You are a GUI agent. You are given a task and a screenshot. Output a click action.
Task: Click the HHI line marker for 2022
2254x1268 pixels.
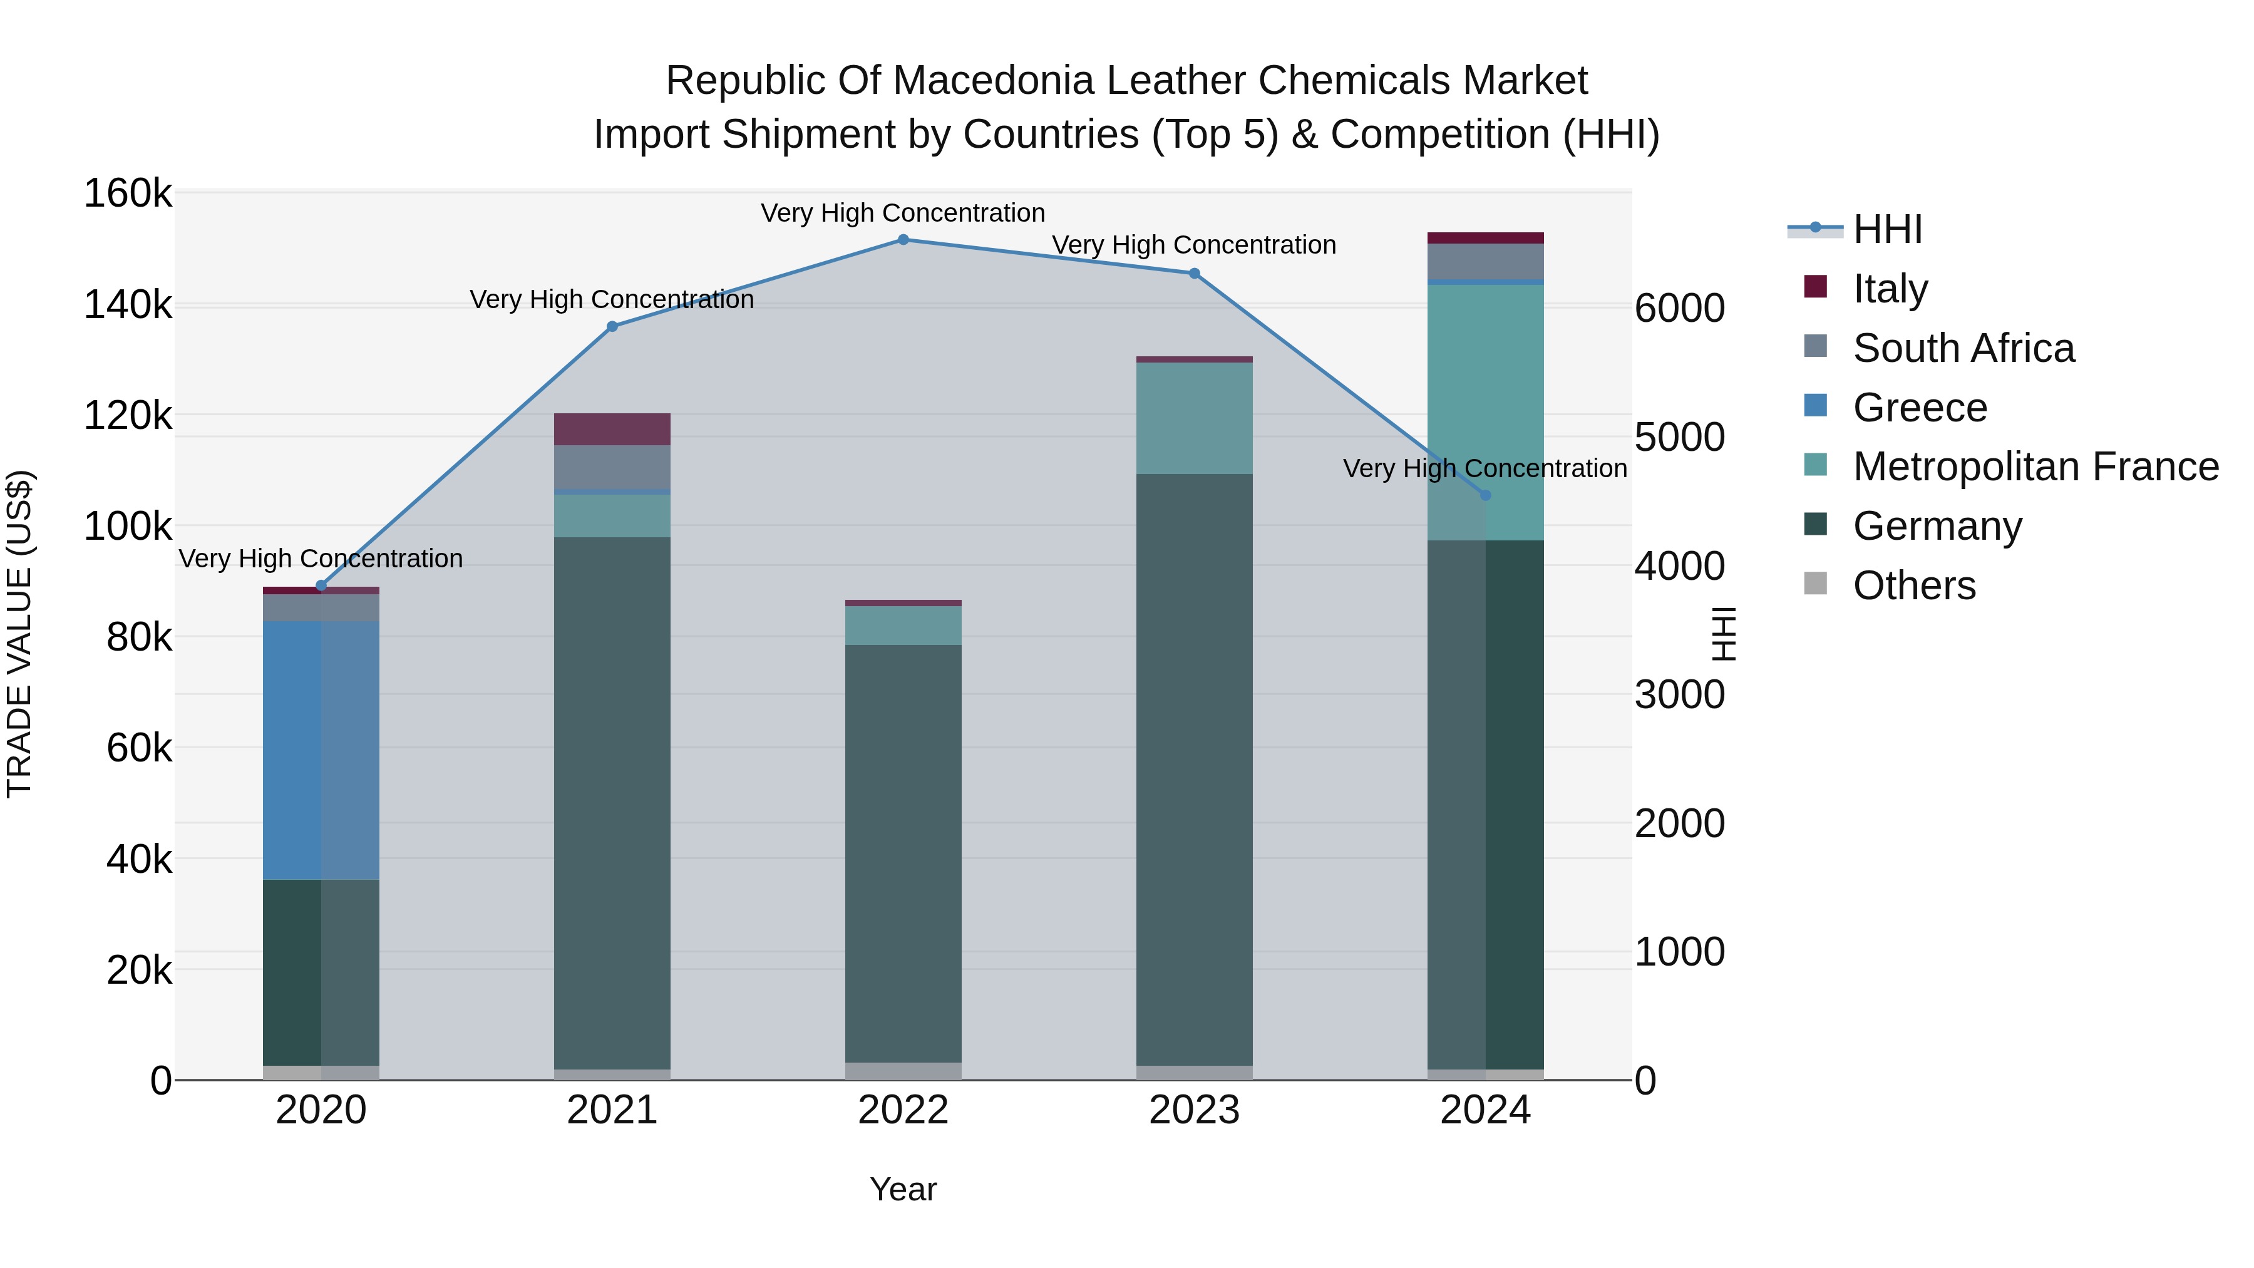point(903,240)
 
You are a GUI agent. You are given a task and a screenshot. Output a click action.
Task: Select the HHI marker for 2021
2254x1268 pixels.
point(612,326)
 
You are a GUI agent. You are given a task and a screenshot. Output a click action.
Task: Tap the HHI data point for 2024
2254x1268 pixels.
point(1485,495)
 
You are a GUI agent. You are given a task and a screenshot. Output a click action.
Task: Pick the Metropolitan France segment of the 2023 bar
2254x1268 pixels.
point(1195,418)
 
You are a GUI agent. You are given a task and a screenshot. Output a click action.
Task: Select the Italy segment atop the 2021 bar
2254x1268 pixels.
point(612,429)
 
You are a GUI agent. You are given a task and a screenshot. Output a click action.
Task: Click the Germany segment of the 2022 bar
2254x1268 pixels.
point(903,853)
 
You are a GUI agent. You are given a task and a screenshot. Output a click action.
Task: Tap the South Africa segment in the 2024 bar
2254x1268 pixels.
point(1485,262)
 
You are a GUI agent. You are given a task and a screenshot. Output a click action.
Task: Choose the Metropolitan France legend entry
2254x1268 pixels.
point(2035,466)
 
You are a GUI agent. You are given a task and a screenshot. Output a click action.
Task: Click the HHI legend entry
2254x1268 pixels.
point(1887,229)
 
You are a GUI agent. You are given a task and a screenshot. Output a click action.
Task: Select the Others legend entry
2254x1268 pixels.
point(1913,585)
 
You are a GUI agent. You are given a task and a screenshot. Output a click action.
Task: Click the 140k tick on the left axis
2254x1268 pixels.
point(128,306)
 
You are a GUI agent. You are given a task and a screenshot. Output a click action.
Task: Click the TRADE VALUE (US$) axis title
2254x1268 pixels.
point(19,634)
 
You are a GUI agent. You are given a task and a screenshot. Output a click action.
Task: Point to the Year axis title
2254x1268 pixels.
point(903,1189)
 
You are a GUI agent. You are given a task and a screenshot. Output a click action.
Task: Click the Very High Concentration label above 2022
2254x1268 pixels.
point(903,213)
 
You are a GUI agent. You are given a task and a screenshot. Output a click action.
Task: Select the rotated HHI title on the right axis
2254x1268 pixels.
point(1724,634)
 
